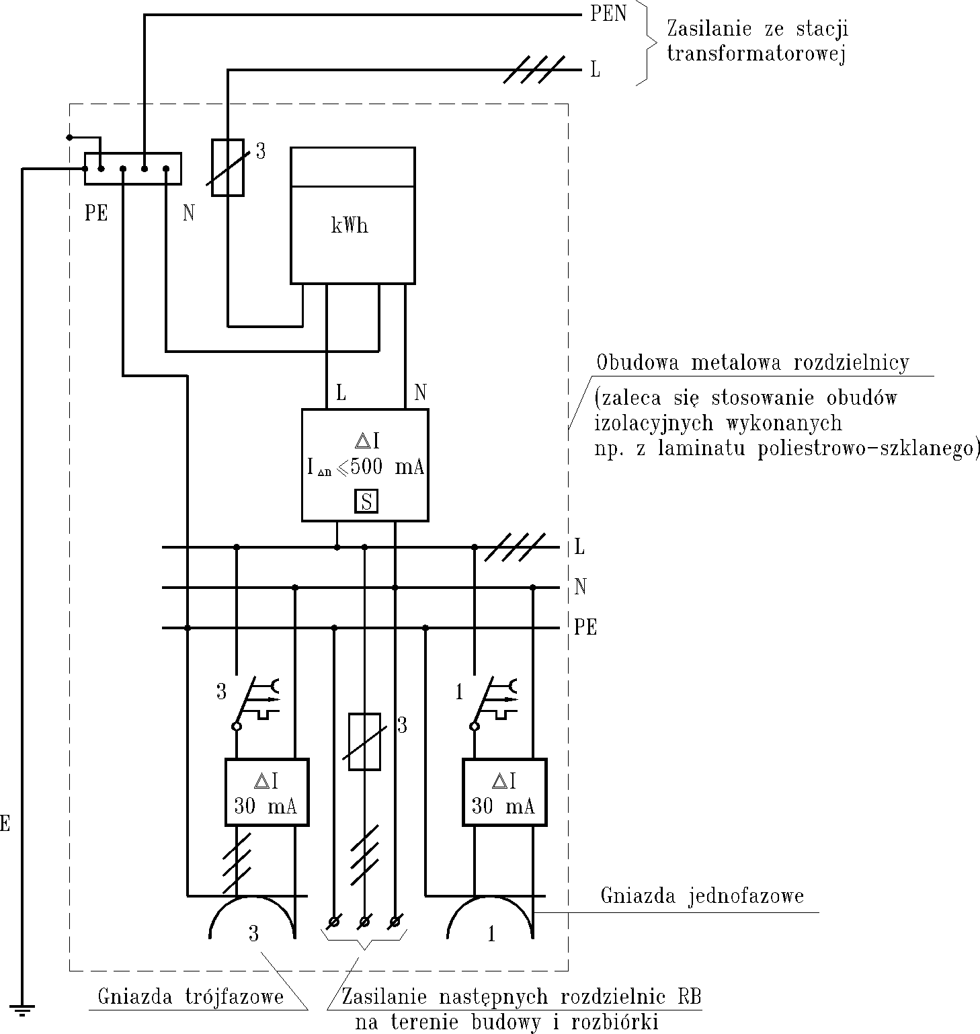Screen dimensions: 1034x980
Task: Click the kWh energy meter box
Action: [352, 215]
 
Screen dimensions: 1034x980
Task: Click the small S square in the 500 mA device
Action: [366, 502]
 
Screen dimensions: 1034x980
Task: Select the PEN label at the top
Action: [608, 14]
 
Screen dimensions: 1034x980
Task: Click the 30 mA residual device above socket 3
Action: [266, 792]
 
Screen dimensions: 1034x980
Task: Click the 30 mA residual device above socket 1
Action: [504, 792]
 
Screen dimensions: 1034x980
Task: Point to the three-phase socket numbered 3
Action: [252, 921]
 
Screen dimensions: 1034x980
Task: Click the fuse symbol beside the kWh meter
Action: [227, 167]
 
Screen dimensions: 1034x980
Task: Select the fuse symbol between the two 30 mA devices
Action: [365, 742]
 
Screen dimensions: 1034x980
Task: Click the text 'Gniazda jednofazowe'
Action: [702, 896]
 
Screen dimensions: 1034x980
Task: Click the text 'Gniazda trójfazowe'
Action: [190, 996]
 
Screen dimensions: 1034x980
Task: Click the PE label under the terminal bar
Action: [96, 213]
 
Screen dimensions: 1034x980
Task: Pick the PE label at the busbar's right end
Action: [585, 627]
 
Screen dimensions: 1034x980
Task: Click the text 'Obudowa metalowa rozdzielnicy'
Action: [753, 363]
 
